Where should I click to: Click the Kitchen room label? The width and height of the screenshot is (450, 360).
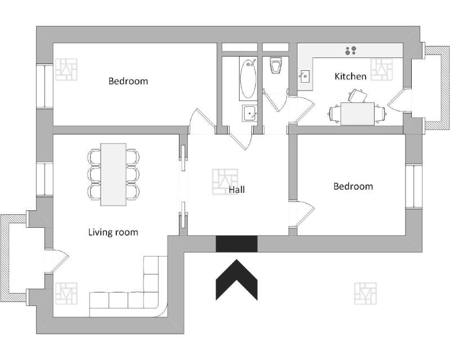click(350, 76)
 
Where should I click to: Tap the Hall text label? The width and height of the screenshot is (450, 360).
click(237, 190)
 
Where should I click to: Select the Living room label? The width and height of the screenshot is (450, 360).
click(113, 232)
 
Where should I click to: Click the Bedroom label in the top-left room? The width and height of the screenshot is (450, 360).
click(128, 81)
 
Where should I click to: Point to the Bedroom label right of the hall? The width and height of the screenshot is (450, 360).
click(353, 186)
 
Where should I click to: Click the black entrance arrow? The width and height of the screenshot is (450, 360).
click(237, 280)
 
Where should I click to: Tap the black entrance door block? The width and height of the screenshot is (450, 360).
click(237, 244)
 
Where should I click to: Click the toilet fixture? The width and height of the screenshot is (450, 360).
click(275, 66)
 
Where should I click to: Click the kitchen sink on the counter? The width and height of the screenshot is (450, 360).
click(305, 76)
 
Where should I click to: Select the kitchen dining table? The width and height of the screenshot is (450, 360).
click(357, 114)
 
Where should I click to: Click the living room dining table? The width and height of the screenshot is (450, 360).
click(113, 174)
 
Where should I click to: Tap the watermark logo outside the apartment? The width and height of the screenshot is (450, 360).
click(365, 293)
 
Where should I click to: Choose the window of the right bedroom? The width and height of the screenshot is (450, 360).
click(413, 186)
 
